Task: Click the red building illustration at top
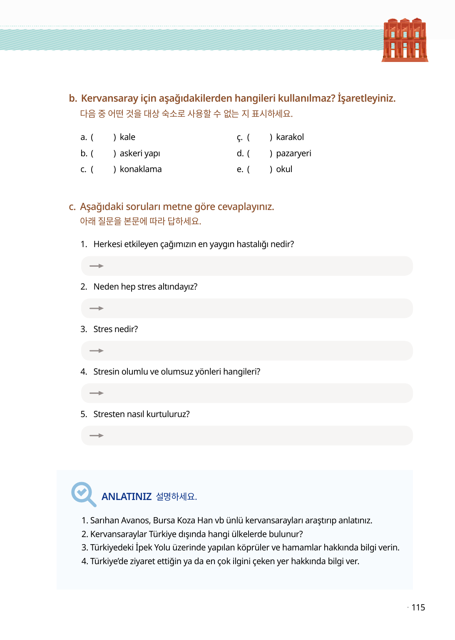(x=405, y=40)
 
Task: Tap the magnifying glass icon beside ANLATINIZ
(x=83, y=494)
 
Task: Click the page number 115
(x=418, y=607)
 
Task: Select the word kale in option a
(x=127, y=137)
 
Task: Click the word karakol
(x=290, y=137)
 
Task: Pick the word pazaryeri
(x=293, y=153)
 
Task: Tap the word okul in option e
(x=284, y=169)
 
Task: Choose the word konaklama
(x=141, y=169)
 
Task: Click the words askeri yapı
(x=140, y=153)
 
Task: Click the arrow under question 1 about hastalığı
(x=97, y=266)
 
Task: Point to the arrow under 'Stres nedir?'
(x=97, y=351)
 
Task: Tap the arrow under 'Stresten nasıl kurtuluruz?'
(x=97, y=435)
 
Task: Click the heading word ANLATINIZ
(x=127, y=497)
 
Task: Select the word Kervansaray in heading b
(x=109, y=98)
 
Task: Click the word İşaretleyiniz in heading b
(x=366, y=98)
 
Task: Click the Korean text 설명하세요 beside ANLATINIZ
(x=176, y=497)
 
